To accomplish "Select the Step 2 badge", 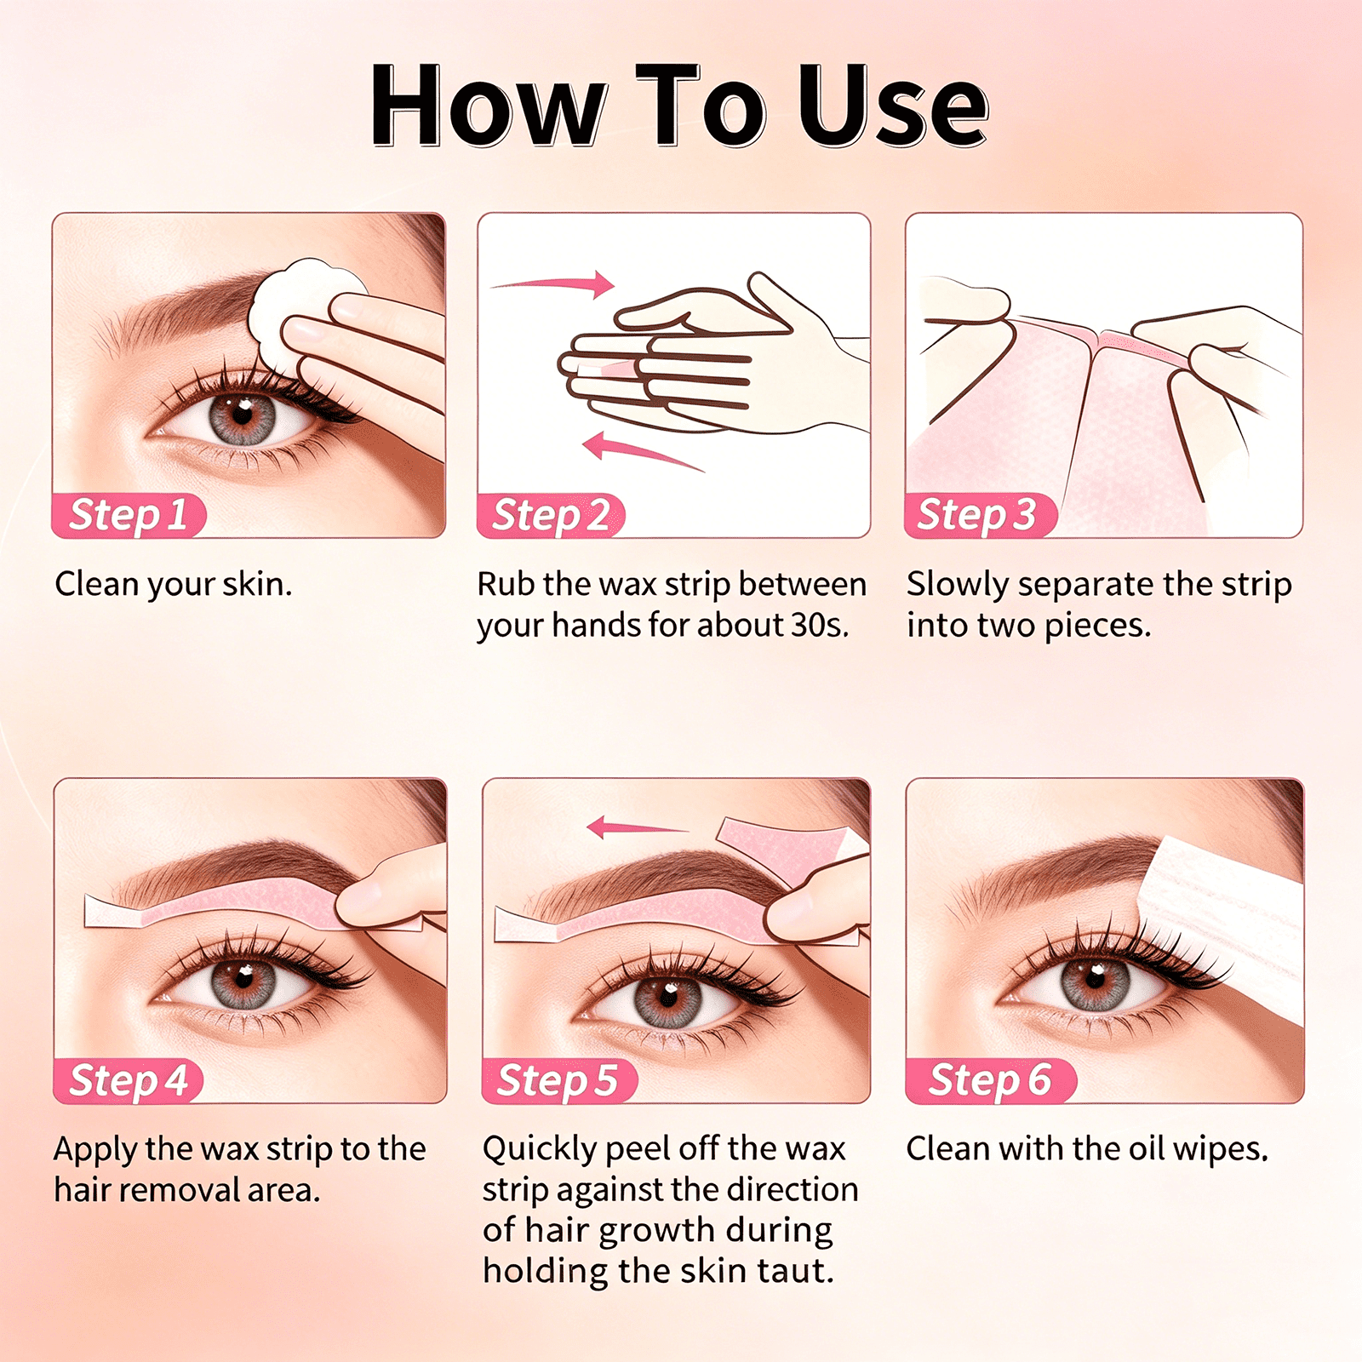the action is pyautogui.click(x=552, y=516).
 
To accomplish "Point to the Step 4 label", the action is pyautogui.click(x=129, y=1081).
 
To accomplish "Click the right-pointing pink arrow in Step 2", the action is pyautogui.click(x=553, y=283).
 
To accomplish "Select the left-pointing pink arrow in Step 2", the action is pyautogui.click(x=643, y=451).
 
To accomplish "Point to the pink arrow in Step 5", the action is pyautogui.click(x=637, y=827).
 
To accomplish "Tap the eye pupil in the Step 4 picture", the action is pyautogui.click(x=244, y=978).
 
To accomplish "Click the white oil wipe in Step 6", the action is pyautogui.click(x=1226, y=919).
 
